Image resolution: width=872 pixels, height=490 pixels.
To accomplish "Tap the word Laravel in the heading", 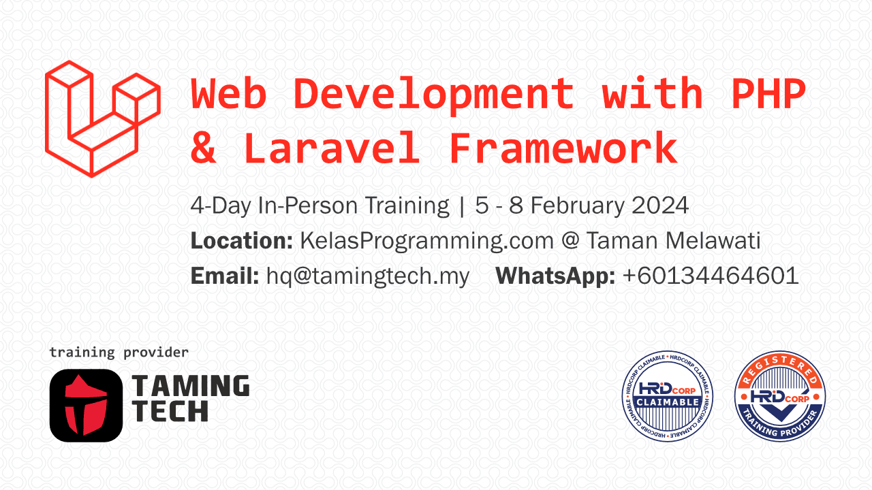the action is pyautogui.click(x=332, y=148).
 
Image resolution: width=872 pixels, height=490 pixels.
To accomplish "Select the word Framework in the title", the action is pyautogui.click(x=563, y=148).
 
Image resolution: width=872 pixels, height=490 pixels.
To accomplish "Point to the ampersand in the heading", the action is pyautogui.click(x=203, y=148).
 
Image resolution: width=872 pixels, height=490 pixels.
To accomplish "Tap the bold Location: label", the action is pyautogui.click(x=241, y=241).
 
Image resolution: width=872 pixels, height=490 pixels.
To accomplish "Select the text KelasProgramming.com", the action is pyautogui.click(x=426, y=242).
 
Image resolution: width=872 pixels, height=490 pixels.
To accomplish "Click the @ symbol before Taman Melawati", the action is pyautogui.click(x=570, y=242).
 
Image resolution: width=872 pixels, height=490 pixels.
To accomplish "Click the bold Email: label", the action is pyautogui.click(x=225, y=276).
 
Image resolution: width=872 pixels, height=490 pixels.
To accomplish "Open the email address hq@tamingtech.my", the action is pyautogui.click(x=368, y=277).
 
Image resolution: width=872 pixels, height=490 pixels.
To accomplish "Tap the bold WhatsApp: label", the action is pyautogui.click(x=555, y=277).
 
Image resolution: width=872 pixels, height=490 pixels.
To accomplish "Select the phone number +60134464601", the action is pyautogui.click(x=711, y=276).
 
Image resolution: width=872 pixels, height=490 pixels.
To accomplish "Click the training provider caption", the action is pyautogui.click(x=119, y=353).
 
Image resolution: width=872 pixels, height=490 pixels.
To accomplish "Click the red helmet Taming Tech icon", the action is pyautogui.click(x=86, y=406).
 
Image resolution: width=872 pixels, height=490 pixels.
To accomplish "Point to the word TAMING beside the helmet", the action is pyautogui.click(x=191, y=386).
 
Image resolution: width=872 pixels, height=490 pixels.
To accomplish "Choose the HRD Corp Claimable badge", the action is pyautogui.click(x=667, y=396).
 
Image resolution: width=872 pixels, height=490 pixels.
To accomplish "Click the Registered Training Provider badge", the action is pyautogui.click(x=780, y=396).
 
